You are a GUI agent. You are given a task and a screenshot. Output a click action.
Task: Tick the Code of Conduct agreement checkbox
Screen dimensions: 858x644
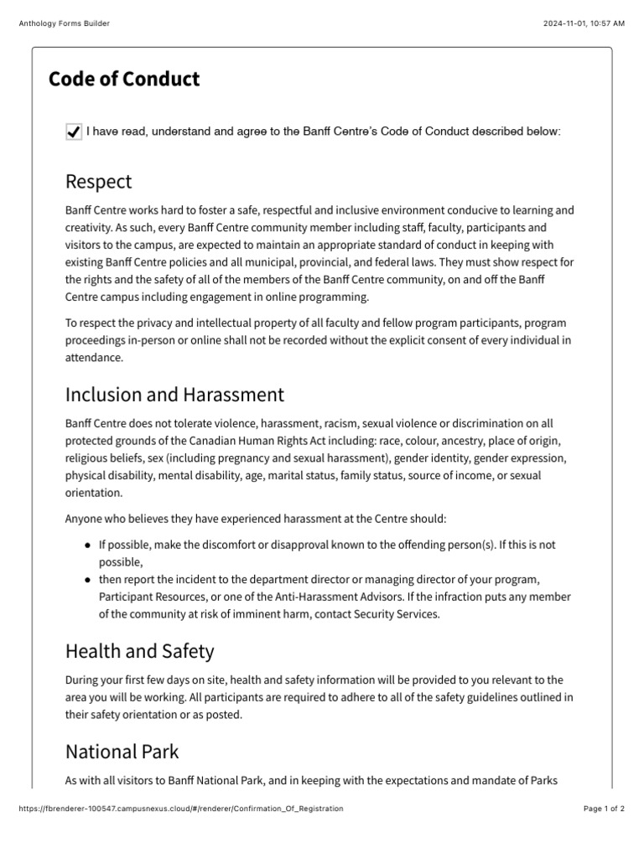pos(74,132)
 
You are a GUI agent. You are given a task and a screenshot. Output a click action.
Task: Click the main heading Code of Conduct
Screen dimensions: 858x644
pos(124,79)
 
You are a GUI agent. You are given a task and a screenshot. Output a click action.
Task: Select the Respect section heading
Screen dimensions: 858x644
pos(98,181)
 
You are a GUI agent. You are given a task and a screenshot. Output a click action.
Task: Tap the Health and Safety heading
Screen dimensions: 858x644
pos(139,651)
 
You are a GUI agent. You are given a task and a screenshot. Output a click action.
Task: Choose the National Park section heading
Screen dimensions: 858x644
pos(122,752)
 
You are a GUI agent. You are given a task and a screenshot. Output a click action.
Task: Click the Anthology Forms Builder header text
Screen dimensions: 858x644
pos(64,23)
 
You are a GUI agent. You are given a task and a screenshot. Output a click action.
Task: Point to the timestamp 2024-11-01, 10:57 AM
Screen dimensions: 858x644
pos(584,23)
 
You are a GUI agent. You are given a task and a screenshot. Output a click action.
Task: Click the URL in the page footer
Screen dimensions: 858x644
pos(180,809)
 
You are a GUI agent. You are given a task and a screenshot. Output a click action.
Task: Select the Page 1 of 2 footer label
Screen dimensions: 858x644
pos(604,809)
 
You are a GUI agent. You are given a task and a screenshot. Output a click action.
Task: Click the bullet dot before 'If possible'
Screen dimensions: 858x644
pos(89,545)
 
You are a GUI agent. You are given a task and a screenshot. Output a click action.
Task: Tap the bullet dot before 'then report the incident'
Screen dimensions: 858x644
pos(89,580)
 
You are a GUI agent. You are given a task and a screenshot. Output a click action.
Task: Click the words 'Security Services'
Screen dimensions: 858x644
pos(400,613)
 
